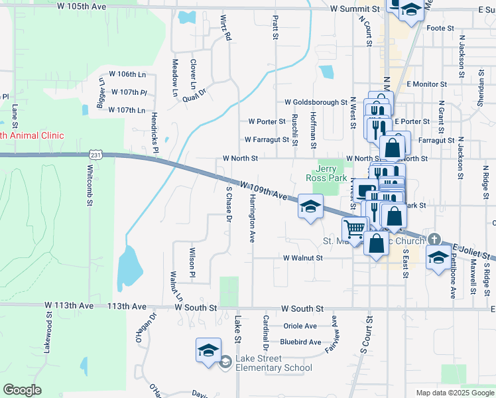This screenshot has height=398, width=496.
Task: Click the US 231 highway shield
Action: tap(95, 155)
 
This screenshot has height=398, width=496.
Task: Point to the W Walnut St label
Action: tap(302, 257)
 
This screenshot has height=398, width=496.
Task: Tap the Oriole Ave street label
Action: tap(300, 326)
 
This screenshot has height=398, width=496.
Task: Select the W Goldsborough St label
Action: tap(316, 103)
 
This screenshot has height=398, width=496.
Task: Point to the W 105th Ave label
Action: tap(83, 6)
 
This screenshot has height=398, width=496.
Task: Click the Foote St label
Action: tap(440, 29)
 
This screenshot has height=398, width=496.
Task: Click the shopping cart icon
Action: tap(355, 228)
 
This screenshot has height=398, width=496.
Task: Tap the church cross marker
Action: tap(434, 239)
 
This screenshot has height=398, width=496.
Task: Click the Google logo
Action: tap(22, 390)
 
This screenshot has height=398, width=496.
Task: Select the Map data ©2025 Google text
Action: tap(454, 393)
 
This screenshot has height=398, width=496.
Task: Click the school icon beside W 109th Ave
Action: tap(310, 206)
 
